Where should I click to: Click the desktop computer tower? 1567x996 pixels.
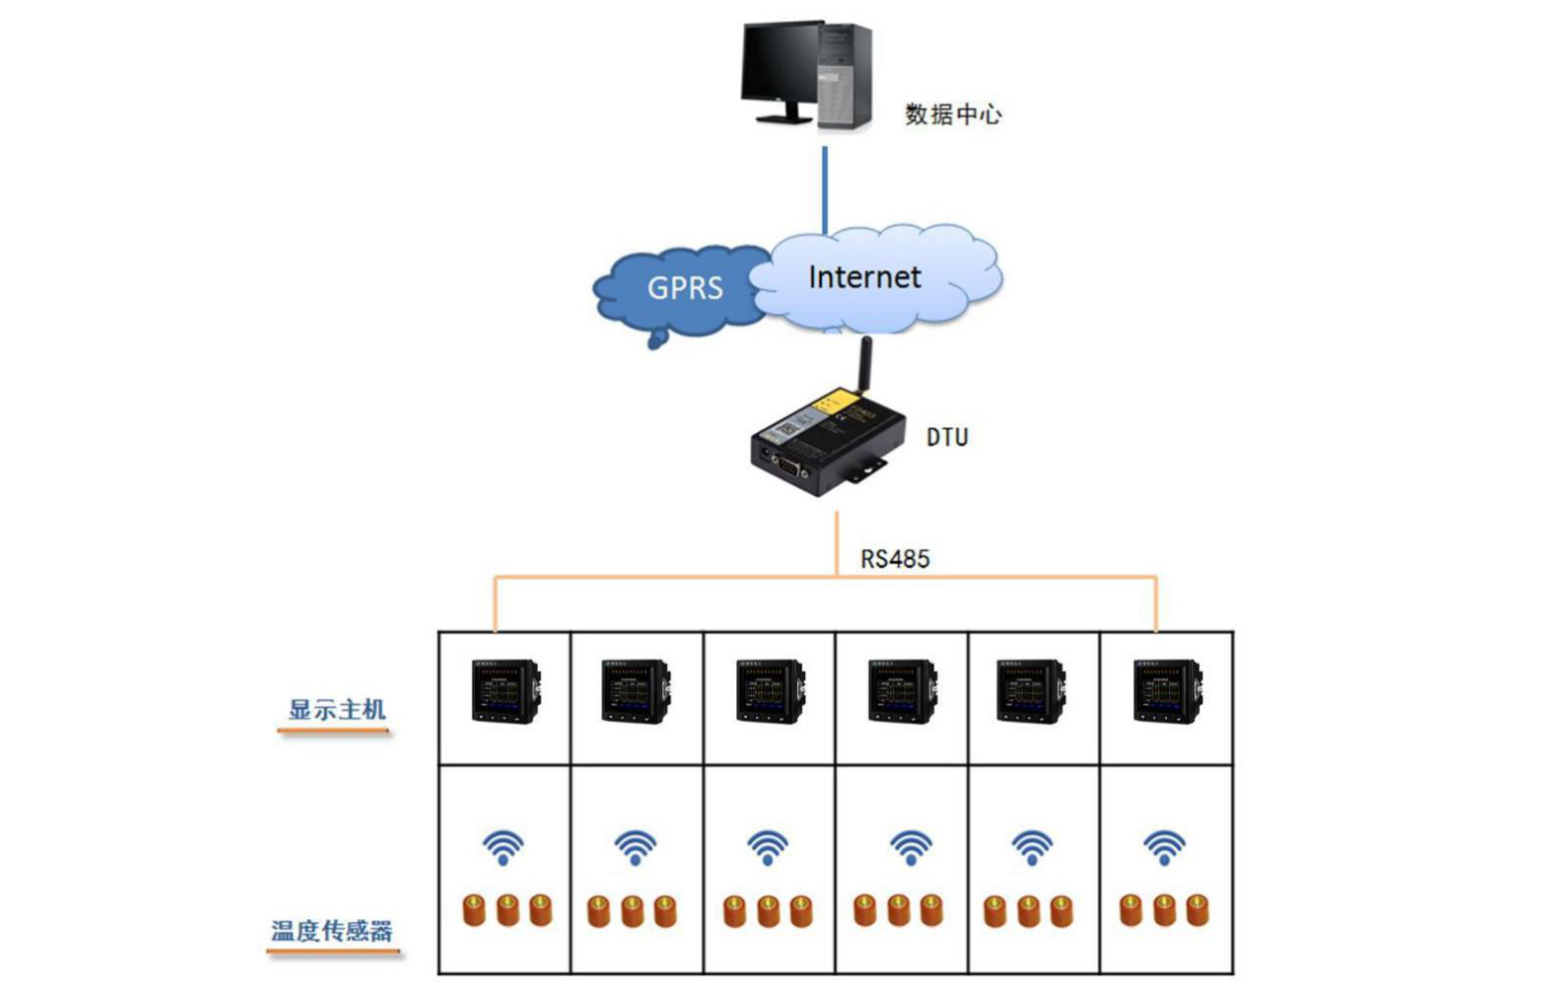pos(845,76)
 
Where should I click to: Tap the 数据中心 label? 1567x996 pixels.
pos(953,114)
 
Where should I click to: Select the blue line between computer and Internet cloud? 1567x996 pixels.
pos(825,190)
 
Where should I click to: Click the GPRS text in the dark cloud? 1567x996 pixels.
pos(685,287)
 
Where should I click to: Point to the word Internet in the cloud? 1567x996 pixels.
pos(864,277)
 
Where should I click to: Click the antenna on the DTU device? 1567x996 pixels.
pos(864,364)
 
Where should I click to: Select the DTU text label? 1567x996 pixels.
pos(948,437)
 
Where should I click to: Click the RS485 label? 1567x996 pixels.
pos(895,559)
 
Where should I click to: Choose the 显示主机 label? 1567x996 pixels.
pos(337,710)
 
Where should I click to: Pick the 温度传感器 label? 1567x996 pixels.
pos(331,931)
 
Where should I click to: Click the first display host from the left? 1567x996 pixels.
pos(506,691)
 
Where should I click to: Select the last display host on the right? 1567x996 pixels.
pos(1168,691)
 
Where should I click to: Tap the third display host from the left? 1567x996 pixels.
pos(770,691)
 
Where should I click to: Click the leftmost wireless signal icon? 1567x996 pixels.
pos(503,847)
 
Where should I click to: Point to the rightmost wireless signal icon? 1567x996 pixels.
pos(1164,847)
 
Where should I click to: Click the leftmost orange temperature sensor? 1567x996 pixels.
pos(474,910)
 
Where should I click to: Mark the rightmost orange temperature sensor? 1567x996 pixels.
pos(1197,910)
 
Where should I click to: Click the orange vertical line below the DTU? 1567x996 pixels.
pos(837,544)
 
